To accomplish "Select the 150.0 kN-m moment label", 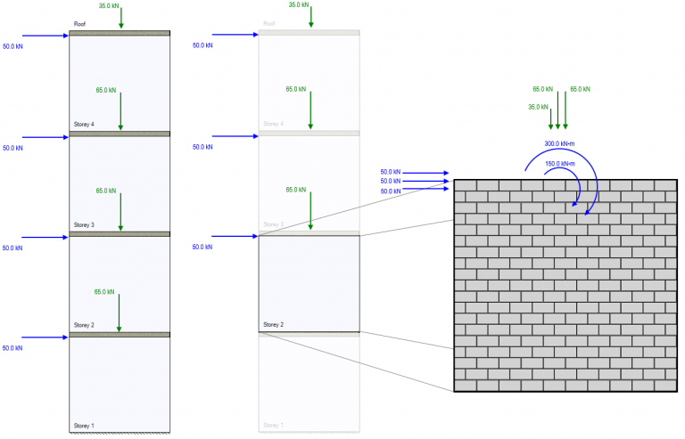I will point(559,164).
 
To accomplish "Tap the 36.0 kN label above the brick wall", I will point(538,107).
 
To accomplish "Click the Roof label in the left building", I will point(79,25).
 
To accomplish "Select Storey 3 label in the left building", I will point(84,224).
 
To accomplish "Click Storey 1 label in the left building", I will point(84,425).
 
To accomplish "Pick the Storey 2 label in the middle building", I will point(274,325).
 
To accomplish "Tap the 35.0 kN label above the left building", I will point(110,6).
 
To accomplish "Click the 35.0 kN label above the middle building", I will point(300,5).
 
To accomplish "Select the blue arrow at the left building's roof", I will point(45,37).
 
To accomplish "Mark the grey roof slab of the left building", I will point(120,34).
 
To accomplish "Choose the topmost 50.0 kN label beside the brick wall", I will point(390,172).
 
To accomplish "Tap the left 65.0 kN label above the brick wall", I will point(542,90).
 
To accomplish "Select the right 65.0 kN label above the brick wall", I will point(580,90).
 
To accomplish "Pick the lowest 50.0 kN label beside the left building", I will point(12,348).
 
